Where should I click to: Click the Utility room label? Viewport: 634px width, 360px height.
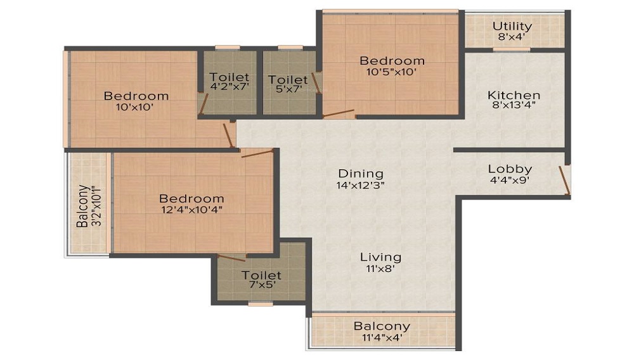point(512,27)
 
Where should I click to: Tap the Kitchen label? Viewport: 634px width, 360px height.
point(514,95)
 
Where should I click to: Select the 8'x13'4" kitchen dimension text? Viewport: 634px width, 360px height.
point(514,106)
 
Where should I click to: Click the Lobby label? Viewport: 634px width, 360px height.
point(510,169)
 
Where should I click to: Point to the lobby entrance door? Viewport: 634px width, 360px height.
point(564,180)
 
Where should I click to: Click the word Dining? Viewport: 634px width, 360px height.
point(361,174)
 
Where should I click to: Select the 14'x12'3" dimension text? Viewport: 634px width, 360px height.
point(360,185)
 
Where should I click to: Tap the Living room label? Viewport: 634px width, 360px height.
point(380,257)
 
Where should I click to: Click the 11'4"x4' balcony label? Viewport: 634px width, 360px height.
point(382,337)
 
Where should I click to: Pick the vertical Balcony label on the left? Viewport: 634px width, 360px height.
point(82,206)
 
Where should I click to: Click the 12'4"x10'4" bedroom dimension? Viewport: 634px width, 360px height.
point(191,210)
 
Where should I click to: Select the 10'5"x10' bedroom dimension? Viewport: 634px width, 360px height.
point(392,72)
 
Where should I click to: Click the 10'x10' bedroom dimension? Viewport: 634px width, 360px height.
point(135,107)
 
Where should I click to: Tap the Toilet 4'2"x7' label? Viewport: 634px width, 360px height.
point(230,80)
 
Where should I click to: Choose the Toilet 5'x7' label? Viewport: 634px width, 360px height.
point(288,84)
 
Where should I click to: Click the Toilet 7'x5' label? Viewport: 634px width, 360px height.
point(261,280)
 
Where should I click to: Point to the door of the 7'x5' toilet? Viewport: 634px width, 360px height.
point(231,258)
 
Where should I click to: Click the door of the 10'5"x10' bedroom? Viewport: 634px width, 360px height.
point(339,113)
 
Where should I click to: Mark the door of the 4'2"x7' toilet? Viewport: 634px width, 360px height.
point(204,104)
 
